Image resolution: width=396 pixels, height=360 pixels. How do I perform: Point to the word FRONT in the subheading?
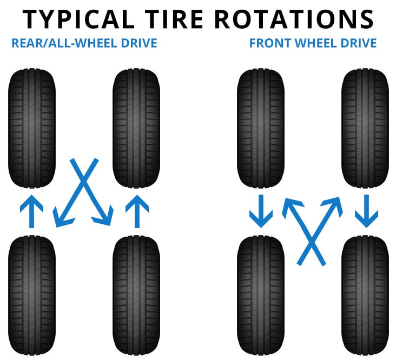coord(266,42)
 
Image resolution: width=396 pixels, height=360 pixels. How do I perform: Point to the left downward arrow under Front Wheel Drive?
coord(260,211)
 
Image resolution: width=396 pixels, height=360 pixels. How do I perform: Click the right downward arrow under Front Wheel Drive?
coord(366,211)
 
